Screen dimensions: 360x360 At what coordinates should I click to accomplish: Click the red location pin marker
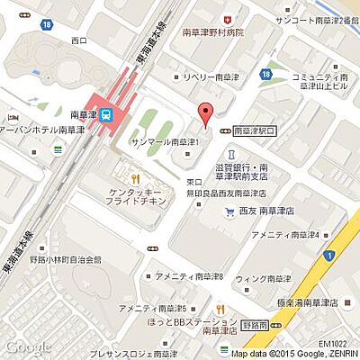point(206,115)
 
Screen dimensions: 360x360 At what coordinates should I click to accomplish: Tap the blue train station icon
point(106,114)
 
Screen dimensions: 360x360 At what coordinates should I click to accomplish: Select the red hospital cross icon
point(228,18)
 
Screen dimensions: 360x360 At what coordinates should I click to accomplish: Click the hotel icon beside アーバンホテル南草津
point(13,118)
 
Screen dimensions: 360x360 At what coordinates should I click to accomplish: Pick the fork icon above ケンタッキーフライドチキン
point(135,177)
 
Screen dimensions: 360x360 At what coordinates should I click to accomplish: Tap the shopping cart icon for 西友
point(230,211)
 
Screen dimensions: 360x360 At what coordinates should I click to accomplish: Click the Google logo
point(26,346)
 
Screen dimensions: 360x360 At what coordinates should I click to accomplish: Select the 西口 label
point(78,40)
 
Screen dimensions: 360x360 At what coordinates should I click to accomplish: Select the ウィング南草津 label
point(265,279)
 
